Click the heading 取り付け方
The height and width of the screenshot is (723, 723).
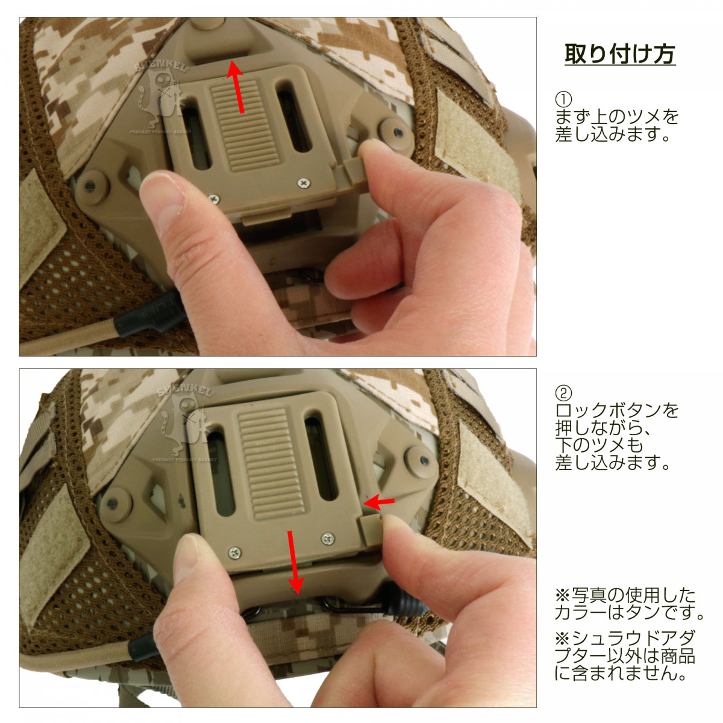coord(620,54)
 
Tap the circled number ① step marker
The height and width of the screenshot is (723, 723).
coord(563,99)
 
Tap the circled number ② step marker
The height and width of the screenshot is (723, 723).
coord(563,393)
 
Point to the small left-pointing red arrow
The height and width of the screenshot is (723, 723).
coord(378,502)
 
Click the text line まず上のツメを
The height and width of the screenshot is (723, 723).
coord(617,117)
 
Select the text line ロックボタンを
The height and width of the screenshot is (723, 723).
coord(617,410)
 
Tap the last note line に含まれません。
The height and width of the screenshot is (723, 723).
coord(621,673)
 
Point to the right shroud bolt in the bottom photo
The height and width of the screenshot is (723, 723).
coord(422,461)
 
